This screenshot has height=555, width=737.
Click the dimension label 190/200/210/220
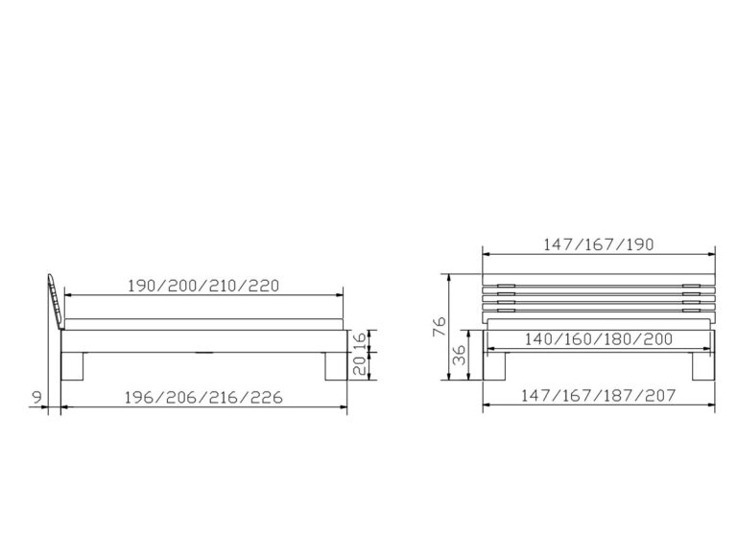[x=203, y=286]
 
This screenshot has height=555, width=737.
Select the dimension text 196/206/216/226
[x=203, y=397]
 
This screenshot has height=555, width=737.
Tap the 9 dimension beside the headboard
[x=36, y=397]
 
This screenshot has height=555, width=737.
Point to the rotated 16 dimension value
[x=359, y=340]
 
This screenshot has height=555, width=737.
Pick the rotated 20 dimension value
[x=359, y=365]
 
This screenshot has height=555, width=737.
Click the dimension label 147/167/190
[x=599, y=244]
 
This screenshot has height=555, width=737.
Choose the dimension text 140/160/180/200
[x=599, y=339]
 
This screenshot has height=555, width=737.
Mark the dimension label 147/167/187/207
[x=599, y=395]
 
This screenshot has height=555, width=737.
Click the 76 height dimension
[x=439, y=326]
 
